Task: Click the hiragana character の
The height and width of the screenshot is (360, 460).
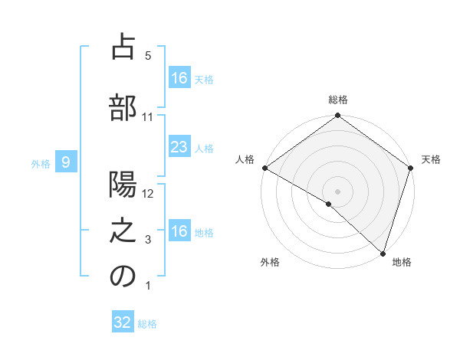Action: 123,277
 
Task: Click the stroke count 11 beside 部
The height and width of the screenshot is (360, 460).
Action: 148,117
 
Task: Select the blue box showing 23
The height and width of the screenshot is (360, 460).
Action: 179,147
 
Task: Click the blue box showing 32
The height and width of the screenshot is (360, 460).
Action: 123,322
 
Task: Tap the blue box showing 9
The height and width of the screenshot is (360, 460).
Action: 66,162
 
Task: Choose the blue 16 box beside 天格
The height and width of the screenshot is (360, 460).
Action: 179,78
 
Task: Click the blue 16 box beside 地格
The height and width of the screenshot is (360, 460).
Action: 179,231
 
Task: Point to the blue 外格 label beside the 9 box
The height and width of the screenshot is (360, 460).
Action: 41,162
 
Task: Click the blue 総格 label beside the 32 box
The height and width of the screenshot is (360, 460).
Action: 147,323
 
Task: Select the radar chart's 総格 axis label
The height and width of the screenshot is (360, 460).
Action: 338,100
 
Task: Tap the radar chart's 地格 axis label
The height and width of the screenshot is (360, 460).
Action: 402,263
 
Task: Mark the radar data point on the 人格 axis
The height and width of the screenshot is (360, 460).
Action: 264,168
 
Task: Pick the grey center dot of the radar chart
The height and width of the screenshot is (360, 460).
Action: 338,191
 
